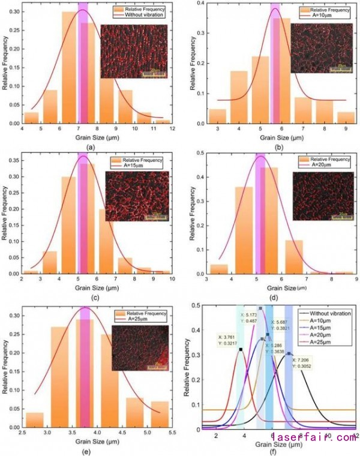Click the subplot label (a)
[89, 146]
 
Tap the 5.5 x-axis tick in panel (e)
[171, 431]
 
